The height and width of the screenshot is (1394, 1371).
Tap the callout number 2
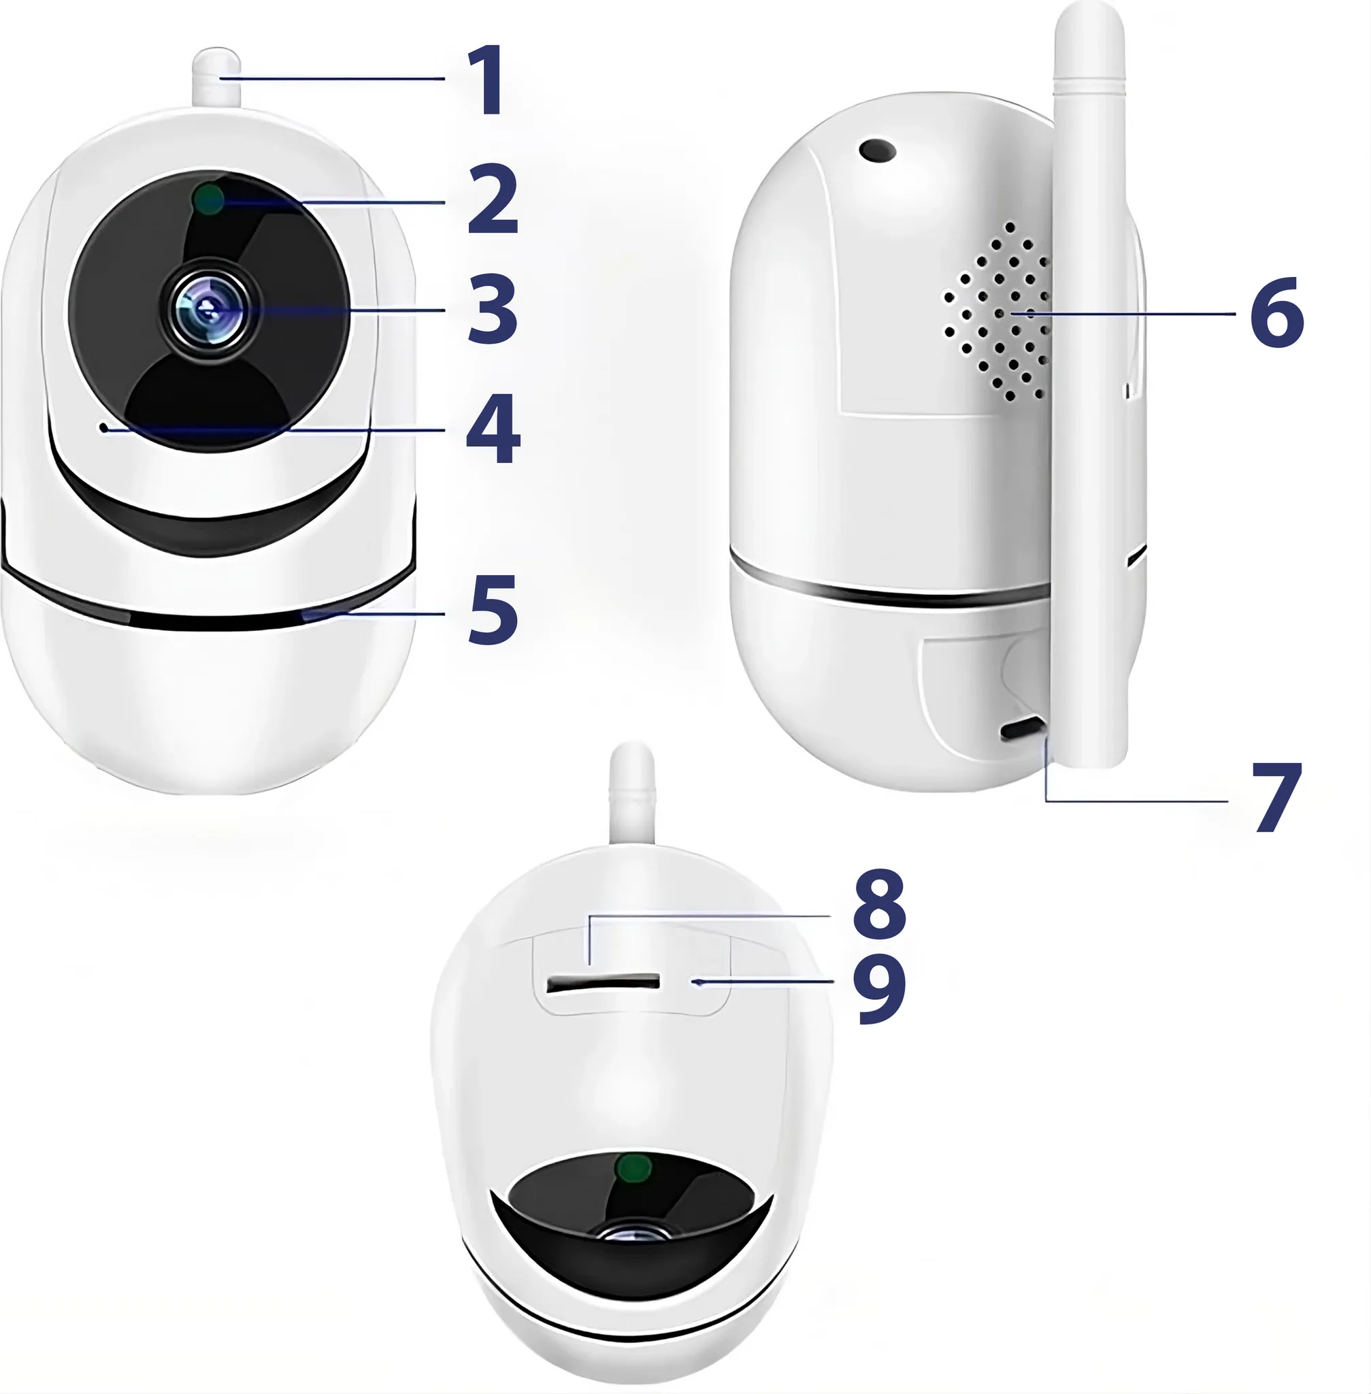[x=493, y=199]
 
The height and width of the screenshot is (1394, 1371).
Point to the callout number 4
[x=493, y=429]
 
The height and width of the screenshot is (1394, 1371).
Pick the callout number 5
[x=493, y=609]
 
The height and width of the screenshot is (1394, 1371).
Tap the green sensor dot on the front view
[x=209, y=199]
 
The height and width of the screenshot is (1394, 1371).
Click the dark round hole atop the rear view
[x=877, y=150]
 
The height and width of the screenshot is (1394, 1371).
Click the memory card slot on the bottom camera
[x=604, y=983]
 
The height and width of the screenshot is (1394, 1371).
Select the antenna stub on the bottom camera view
[x=632, y=794]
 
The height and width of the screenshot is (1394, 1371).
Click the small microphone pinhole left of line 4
[x=104, y=428]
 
